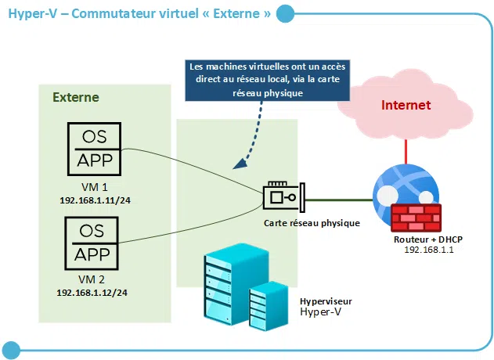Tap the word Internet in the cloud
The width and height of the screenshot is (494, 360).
[406, 105]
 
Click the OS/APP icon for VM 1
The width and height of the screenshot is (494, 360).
[93, 149]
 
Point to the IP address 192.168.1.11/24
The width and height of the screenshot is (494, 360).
[95, 200]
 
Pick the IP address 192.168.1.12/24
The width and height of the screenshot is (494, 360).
[92, 292]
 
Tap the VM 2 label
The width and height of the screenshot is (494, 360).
[92, 279]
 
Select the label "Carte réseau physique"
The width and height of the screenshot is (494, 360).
[312, 223]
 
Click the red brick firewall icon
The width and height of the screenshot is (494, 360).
[415, 217]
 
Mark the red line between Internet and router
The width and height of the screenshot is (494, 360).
[406, 149]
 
